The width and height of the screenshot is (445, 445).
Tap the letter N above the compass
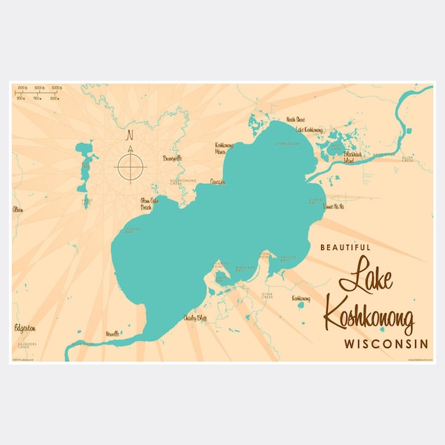point(130,136)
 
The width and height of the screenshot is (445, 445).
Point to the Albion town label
point(18,210)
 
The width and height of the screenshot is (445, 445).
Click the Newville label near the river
point(113,334)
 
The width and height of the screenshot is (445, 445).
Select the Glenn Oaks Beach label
point(151,203)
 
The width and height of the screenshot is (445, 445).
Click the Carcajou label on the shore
point(217,181)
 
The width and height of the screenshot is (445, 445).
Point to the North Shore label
point(295,120)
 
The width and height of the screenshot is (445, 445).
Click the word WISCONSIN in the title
point(386,344)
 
